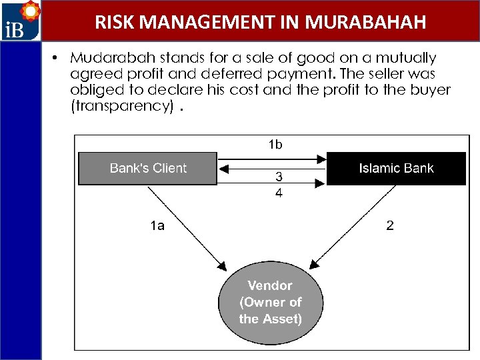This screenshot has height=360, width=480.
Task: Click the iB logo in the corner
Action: click(20, 21)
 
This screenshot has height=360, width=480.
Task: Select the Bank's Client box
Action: click(148, 169)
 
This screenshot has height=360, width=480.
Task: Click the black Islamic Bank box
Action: click(396, 169)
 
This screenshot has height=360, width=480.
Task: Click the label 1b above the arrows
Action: click(275, 144)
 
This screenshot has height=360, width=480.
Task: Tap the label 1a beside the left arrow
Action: click(157, 226)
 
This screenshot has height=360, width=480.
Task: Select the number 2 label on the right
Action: click(390, 225)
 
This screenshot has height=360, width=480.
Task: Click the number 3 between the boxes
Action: click(279, 177)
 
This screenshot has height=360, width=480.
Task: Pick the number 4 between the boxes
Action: click(279, 193)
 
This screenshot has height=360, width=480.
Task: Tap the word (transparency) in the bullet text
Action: click(122, 106)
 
